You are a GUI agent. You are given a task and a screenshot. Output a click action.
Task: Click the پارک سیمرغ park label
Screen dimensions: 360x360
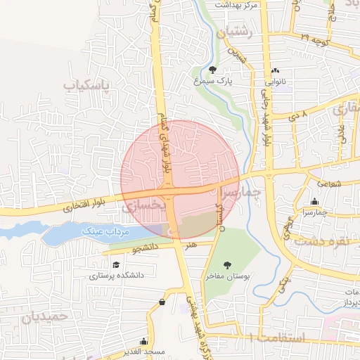tap(212, 81)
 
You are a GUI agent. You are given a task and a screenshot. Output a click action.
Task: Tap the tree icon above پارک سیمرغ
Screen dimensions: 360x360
tap(212, 69)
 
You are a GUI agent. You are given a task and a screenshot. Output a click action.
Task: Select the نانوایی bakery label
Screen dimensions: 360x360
tap(275, 82)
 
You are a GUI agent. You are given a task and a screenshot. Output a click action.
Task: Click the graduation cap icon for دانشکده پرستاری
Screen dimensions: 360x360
tap(115, 264)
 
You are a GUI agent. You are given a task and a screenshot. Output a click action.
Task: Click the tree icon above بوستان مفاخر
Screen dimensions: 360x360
tap(227, 265)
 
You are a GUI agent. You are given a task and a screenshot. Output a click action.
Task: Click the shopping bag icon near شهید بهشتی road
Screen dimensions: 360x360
tap(162, 302)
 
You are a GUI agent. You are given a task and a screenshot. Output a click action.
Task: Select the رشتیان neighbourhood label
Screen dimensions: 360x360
tap(234, 32)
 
